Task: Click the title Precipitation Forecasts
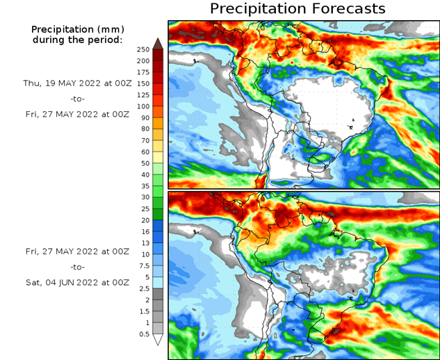(x=297, y=9)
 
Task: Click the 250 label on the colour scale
(x=142, y=49)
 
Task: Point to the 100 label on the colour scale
(x=142, y=106)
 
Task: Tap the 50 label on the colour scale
(x=144, y=163)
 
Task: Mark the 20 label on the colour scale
(x=144, y=220)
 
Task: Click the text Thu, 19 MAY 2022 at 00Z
(x=76, y=82)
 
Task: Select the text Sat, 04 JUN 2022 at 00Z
(x=76, y=282)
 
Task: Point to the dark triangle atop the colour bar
(x=158, y=44)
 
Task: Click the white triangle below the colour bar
(x=158, y=339)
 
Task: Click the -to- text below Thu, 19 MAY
(x=76, y=99)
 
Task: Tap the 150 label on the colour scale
(x=142, y=83)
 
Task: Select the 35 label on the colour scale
(x=144, y=186)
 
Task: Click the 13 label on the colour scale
(x=144, y=243)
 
